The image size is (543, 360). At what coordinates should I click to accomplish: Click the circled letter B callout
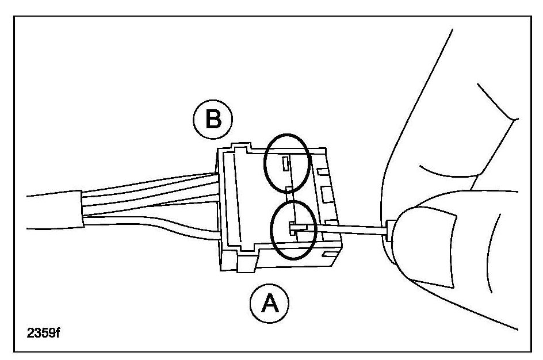[x=213, y=119]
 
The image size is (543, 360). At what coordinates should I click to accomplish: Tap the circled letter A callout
[x=269, y=303]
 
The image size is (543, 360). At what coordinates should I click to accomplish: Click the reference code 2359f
[x=43, y=333]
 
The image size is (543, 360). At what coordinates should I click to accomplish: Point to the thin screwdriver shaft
[x=346, y=229]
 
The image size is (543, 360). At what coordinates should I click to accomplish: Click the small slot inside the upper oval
[x=285, y=164]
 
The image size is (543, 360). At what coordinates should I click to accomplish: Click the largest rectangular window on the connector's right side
[x=326, y=194]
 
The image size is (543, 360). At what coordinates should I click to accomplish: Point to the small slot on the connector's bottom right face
[x=327, y=254]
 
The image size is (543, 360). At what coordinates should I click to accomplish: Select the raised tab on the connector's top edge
[x=241, y=146]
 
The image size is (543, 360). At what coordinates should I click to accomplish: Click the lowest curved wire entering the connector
[x=152, y=227]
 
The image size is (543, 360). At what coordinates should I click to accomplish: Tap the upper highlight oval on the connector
[x=286, y=163]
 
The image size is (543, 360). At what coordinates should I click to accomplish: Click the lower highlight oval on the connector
[x=294, y=229]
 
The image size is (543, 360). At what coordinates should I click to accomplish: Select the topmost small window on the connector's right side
[x=322, y=171]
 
